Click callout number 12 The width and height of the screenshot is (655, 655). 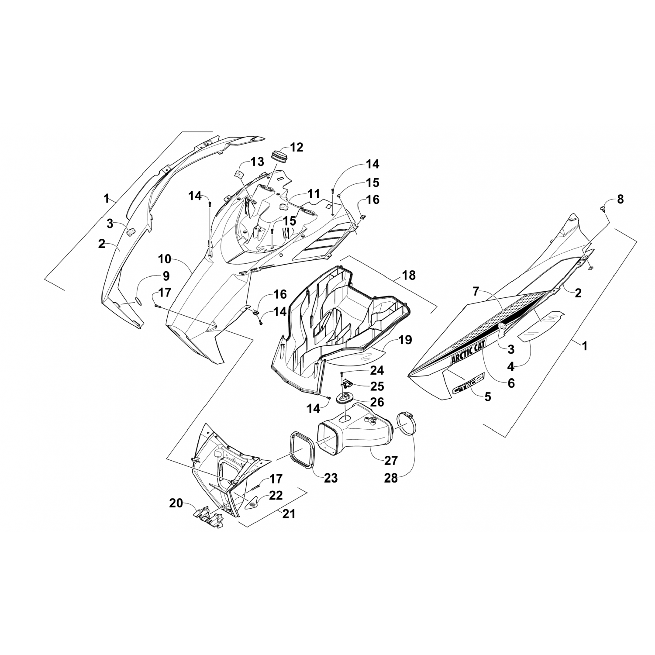pos(296,147)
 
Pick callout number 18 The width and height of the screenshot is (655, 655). pos(409,276)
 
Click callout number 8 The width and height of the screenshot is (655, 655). pos(620,200)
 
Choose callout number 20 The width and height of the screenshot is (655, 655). pos(176,503)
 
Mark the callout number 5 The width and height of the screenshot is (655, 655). pos(488,396)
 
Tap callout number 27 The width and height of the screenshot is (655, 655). pos(391,460)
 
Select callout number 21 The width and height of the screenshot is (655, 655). pos(289,514)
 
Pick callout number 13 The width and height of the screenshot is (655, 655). pos(257,162)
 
